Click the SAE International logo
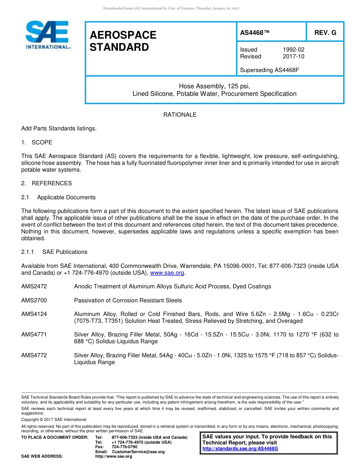pyautogui.click(x=47, y=35)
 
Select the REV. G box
pyautogui.click(x=325, y=33)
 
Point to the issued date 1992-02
pyautogui.click(x=293, y=50)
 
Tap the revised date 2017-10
pyautogui.click(x=293, y=56)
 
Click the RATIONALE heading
pyautogui.click(x=180, y=115)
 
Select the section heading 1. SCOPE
pyautogui.click(x=37, y=142)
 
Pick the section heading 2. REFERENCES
pyautogui.click(x=46, y=183)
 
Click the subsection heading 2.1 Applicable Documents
pyautogui.click(x=58, y=197)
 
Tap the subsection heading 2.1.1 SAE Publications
pyautogui.click(x=54, y=252)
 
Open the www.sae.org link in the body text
pyautogui.click(x=167, y=273)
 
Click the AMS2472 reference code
pyautogui.click(x=34, y=286)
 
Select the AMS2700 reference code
pyautogui.click(x=34, y=300)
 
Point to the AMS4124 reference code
pyautogui.click(x=34, y=314)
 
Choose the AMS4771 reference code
pyautogui.click(x=34, y=335)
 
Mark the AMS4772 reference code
pyautogui.click(x=34, y=355)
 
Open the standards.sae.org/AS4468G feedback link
pyautogui.click(x=240, y=449)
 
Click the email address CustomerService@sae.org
pyautogui.click(x=138, y=452)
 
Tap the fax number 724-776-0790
pyautogui.click(x=124, y=447)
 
